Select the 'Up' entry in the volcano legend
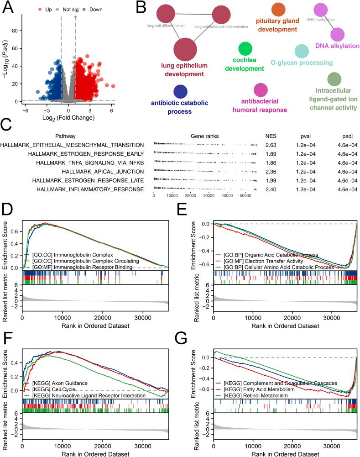[47, 9]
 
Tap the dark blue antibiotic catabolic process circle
[180, 91]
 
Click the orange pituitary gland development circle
[278, 10]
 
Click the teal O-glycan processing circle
[302, 51]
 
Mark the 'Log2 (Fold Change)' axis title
[68, 118]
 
